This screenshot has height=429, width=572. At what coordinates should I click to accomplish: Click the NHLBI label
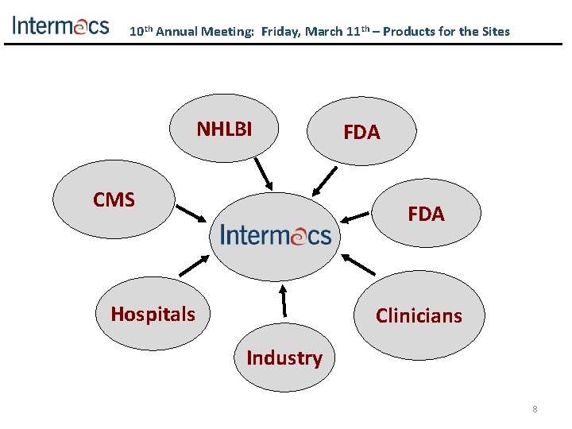tap(224, 129)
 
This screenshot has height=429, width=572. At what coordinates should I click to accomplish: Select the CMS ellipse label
tap(114, 199)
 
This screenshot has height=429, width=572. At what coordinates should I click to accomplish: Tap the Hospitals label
tap(153, 314)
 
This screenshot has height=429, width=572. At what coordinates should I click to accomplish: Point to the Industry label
tap(284, 358)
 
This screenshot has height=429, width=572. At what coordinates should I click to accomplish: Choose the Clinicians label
tap(419, 315)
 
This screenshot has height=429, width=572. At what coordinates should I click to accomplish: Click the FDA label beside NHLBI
tap(361, 133)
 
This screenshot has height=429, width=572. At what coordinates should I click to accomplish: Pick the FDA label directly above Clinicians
tap(426, 214)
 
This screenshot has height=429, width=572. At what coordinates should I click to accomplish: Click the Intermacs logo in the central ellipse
tap(275, 235)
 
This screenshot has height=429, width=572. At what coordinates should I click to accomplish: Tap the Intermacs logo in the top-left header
tap(60, 25)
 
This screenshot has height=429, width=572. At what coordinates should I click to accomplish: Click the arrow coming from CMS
tap(191, 213)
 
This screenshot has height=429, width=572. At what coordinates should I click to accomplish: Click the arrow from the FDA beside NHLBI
tap(323, 180)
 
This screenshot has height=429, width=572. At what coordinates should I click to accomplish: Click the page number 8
tap(535, 409)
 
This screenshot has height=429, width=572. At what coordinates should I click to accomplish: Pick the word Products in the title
tap(415, 32)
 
